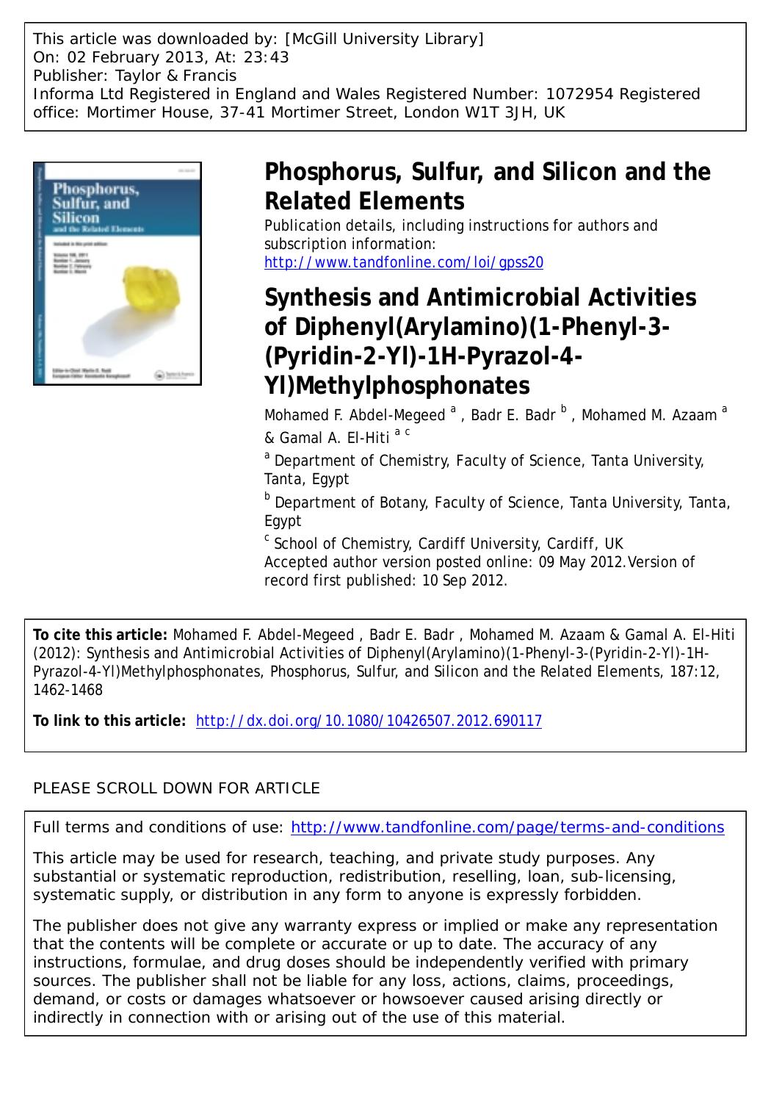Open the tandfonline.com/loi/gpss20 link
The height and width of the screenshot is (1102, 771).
(x=404, y=262)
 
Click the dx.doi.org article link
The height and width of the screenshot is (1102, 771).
(x=369, y=721)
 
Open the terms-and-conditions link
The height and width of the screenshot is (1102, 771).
(x=507, y=827)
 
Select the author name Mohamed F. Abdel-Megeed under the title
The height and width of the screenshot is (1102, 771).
(x=355, y=415)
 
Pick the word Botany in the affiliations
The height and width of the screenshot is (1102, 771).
(x=400, y=503)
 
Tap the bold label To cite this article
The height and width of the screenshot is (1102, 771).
(x=101, y=635)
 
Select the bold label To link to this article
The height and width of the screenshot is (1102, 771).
(x=109, y=721)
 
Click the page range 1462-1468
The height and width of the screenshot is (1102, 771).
(x=68, y=690)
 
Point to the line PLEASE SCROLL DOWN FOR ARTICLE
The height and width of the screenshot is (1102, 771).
(x=177, y=788)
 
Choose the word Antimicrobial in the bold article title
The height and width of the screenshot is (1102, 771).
(x=481, y=298)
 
